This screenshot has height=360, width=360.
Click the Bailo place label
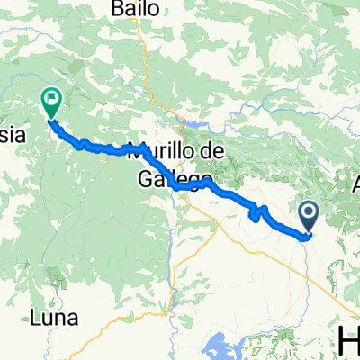[138, 9]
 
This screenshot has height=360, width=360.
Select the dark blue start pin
[308, 217]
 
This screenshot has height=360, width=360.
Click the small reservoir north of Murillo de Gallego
[191, 124]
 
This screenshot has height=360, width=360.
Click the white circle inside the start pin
[308, 212]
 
